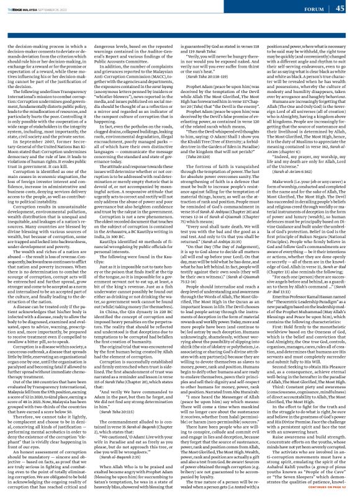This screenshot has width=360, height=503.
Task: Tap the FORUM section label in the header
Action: click(315, 8)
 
